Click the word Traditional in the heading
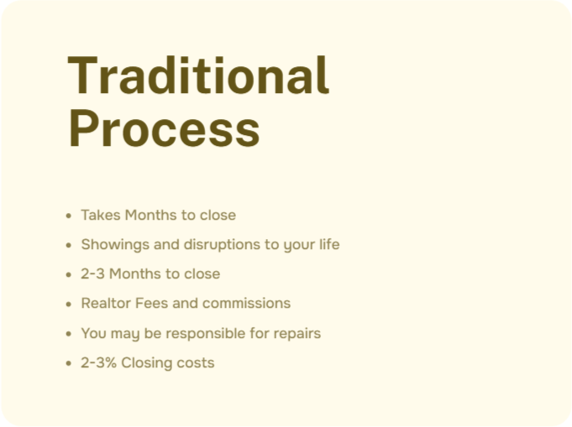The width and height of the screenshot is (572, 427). pyautogui.click(x=198, y=75)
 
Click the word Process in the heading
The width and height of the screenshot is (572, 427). pyautogui.click(x=164, y=128)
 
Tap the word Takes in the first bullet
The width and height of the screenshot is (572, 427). pyautogui.click(x=101, y=215)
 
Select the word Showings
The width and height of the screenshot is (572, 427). pyautogui.click(x=115, y=245)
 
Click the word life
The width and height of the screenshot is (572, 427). pyautogui.click(x=329, y=244)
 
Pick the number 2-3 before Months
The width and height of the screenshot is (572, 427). pyautogui.click(x=92, y=274)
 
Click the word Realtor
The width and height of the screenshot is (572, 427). pyautogui.click(x=106, y=303)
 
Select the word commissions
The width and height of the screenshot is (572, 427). pyautogui.click(x=247, y=303)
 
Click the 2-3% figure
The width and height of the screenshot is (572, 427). pyautogui.click(x=98, y=363)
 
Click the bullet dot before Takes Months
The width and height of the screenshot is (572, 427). pyautogui.click(x=69, y=216)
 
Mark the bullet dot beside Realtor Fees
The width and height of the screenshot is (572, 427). pyautogui.click(x=69, y=304)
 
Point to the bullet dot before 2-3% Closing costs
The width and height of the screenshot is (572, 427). pyautogui.click(x=69, y=363)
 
